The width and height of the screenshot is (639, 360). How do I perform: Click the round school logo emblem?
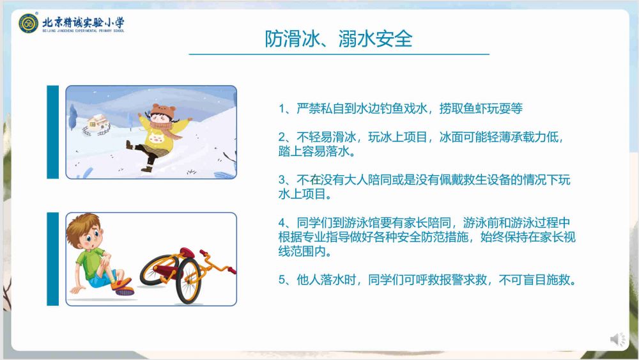(x=29, y=23)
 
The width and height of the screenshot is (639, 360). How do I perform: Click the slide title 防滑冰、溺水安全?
(x=339, y=39)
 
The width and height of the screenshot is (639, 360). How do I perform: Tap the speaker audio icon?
(x=618, y=339)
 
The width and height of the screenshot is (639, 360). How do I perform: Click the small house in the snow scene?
(x=96, y=124)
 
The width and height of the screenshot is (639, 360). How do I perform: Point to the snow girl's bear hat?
(x=163, y=111)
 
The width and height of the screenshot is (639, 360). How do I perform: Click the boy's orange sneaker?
(x=123, y=285)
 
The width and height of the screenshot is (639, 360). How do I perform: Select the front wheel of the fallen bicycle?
(x=189, y=281)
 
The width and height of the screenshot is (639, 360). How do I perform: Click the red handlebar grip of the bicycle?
(x=231, y=270)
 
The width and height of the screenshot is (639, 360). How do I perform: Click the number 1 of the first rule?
(x=282, y=109)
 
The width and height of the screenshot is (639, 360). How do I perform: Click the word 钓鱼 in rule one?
(x=392, y=109)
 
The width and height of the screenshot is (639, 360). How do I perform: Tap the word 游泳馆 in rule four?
(x=362, y=223)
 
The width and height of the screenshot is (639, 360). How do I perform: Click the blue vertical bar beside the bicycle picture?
(x=53, y=259)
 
